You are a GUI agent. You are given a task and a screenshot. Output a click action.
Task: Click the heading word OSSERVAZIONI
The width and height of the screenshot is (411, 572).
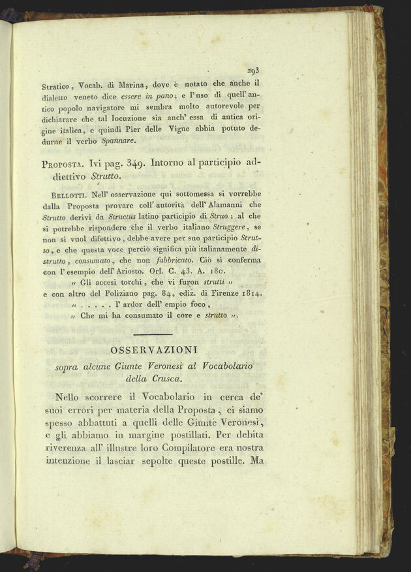click(x=153, y=351)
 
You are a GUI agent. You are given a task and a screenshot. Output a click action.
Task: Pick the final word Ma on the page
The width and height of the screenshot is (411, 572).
click(x=254, y=461)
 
